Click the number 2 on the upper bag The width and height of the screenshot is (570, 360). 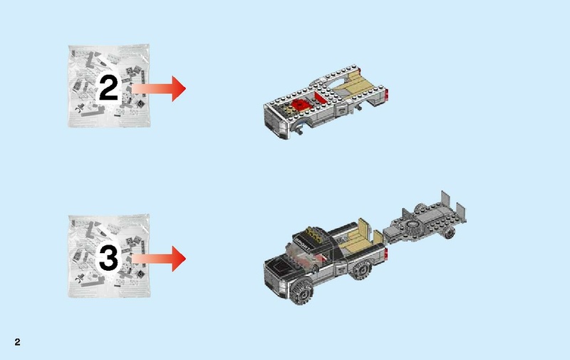(x=108, y=88)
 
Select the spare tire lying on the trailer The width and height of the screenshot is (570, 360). (x=412, y=230)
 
